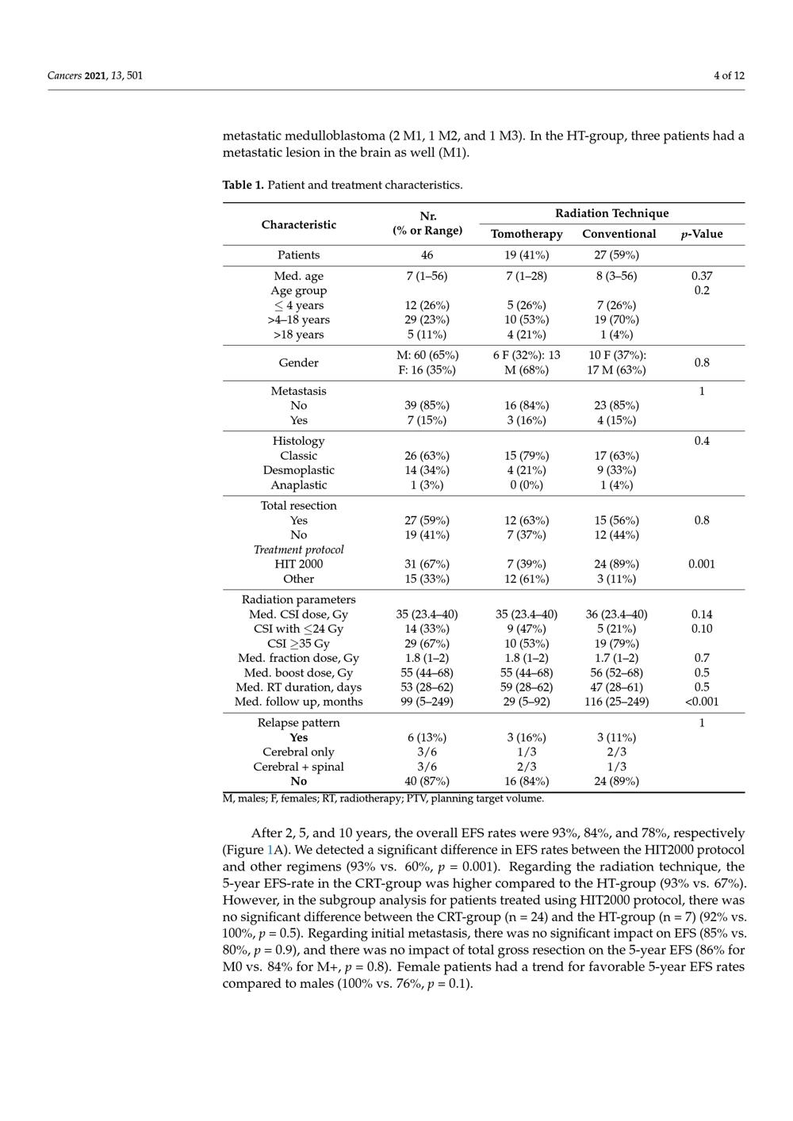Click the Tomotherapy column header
[x=527, y=234]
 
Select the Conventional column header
[x=619, y=234]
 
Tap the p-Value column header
[x=702, y=234]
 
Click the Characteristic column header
[x=298, y=224]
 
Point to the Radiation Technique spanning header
[x=611, y=213]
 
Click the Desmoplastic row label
[x=298, y=470]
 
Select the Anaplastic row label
[x=298, y=485]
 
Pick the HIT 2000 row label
[x=298, y=564]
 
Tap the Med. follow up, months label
[x=298, y=702]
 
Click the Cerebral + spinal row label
[x=298, y=767]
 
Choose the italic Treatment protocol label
[x=298, y=549]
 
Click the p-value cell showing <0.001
[x=701, y=702]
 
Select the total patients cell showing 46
[x=427, y=255]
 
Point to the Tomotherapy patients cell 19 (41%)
[x=527, y=255]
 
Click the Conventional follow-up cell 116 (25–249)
[x=619, y=702]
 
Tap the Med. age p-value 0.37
[x=701, y=276]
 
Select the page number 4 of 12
[x=729, y=76]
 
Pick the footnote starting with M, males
[x=383, y=798]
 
